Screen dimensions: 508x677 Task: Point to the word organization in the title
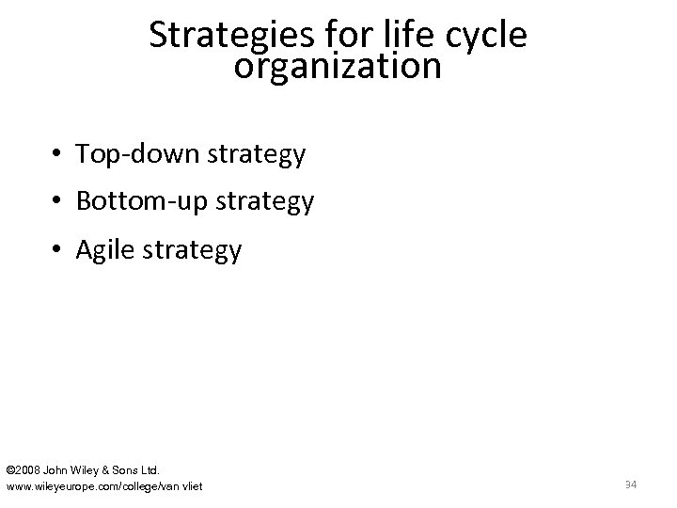click(x=338, y=68)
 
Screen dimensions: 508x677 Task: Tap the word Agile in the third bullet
click(x=105, y=249)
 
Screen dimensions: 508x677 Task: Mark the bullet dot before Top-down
click(x=58, y=154)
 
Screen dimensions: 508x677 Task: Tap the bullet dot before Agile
click(x=58, y=250)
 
